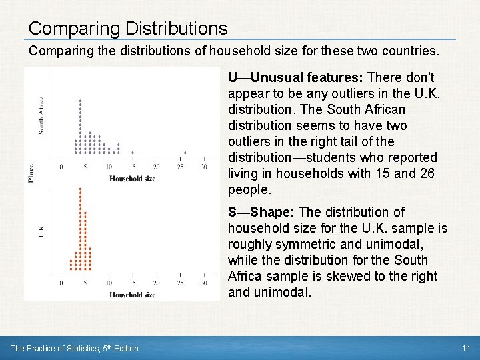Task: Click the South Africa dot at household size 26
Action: click(185, 153)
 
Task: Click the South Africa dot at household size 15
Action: click(133, 153)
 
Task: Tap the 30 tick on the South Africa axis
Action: click(204, 161)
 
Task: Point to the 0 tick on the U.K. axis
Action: click(61, 273)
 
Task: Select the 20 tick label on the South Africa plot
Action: click(156, 167)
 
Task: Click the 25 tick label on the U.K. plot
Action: click(180, 283)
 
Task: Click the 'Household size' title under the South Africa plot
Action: click(132, 178)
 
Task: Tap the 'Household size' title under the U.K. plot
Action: click(132, 294)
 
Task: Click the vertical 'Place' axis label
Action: click(31, 173)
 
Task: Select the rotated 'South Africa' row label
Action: click(42, 115)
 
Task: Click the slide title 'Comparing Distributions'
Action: click(128, 29)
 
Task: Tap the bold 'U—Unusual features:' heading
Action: click(295, 77)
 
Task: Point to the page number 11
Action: click(466, 348)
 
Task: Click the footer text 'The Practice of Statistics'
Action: click(56, 348)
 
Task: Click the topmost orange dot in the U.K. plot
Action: click(80, 189)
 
